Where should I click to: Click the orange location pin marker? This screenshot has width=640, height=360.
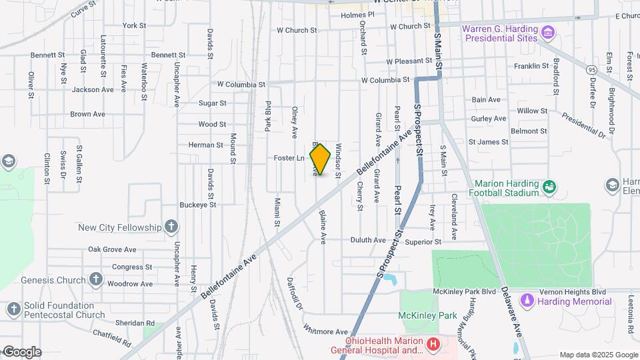[320, 159]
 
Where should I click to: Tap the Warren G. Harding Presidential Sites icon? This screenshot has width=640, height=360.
[548, 32]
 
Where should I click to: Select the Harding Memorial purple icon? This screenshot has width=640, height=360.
[527, 301]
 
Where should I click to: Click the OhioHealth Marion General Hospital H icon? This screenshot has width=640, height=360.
[433, 345]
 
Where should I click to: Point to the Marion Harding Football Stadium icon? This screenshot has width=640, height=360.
[549, 187]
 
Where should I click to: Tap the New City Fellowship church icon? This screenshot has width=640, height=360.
[171, 227]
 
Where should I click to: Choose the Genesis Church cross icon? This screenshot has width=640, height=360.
[96, 280]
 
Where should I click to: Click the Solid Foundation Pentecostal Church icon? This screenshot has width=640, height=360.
[13, 309]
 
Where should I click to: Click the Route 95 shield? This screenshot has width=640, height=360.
[573, 69]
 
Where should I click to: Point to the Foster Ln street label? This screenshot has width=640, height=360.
[289, 158]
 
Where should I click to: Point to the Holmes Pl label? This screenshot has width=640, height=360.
[354, 15]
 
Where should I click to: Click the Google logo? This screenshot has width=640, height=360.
[22, 351]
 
